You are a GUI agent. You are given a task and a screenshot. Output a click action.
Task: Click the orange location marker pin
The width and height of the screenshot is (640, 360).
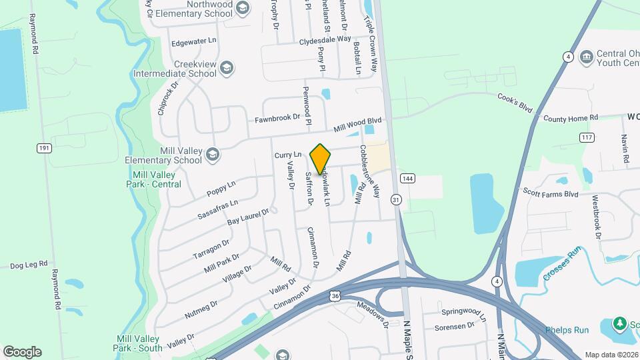pos(321,159)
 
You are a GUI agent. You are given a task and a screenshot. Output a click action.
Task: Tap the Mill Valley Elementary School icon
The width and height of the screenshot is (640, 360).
pos(212,155)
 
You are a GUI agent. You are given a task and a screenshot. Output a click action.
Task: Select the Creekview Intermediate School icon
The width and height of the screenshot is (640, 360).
pos(227,67)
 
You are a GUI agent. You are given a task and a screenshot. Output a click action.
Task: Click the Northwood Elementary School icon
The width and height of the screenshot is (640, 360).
pos(243,8)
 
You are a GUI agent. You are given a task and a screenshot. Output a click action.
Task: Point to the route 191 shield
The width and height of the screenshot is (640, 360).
pos(45,148)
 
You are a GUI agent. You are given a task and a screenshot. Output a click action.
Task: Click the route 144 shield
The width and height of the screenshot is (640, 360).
pos(407,179)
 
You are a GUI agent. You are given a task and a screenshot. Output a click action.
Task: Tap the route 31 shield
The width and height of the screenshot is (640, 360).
pos(397,199)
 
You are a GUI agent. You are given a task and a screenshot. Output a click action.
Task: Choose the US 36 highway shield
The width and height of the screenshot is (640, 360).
pos(335,295)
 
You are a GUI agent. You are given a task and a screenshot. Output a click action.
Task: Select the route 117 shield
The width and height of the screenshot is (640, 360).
pos(587,137)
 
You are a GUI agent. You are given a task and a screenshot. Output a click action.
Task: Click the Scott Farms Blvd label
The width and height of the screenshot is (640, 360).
pos(551,194)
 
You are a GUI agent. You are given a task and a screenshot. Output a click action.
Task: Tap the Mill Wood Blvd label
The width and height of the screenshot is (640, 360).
pos(358,125)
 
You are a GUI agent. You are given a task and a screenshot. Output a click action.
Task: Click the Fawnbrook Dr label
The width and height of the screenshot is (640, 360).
pos(277,118)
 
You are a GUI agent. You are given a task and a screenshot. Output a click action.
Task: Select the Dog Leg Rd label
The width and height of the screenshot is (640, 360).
pos(26,265)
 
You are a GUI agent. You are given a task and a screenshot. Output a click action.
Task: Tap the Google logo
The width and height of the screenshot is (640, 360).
pos(22,351)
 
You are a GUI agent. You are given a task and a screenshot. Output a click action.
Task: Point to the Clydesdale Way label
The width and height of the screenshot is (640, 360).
pos(325,39)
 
